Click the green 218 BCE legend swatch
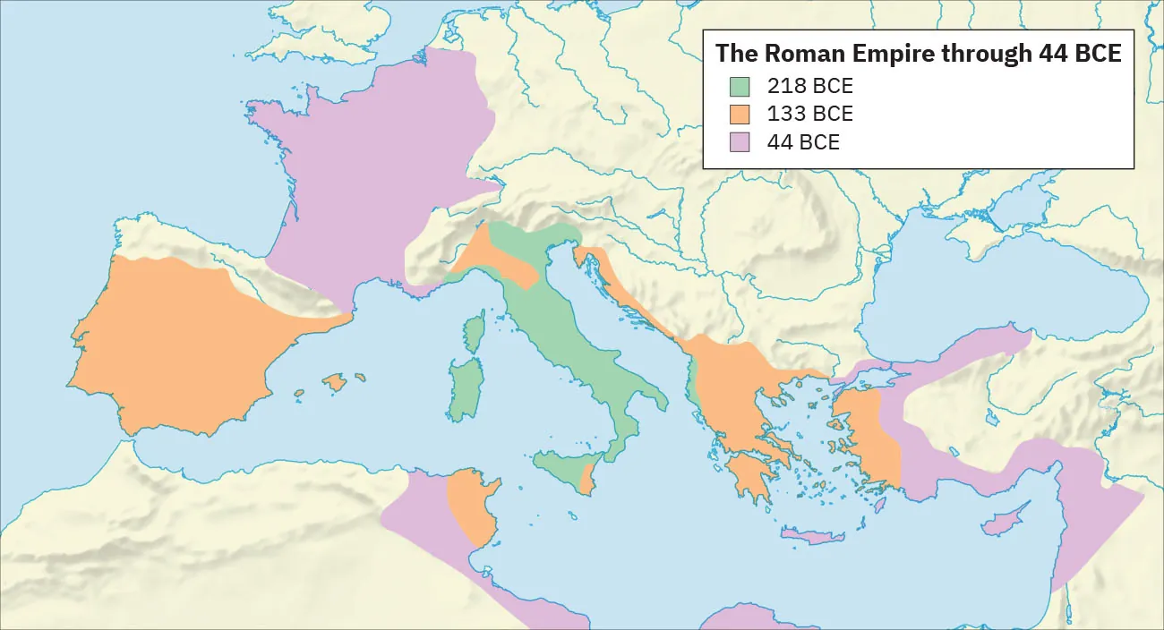[x=739, y=87]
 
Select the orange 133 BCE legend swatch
[x=739, y=115]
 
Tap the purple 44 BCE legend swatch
[x=739, y=141]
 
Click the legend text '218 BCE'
[x=809, y=87]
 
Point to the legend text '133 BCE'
[x=809, y=115]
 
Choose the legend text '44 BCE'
[x=803, y=141]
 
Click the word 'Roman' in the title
[x=806, y=53]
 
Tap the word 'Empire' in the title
[x=895, y=53]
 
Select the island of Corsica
[x=475, y=331]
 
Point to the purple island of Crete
[x=813, y=537]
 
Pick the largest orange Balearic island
[x=335, y=383]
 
